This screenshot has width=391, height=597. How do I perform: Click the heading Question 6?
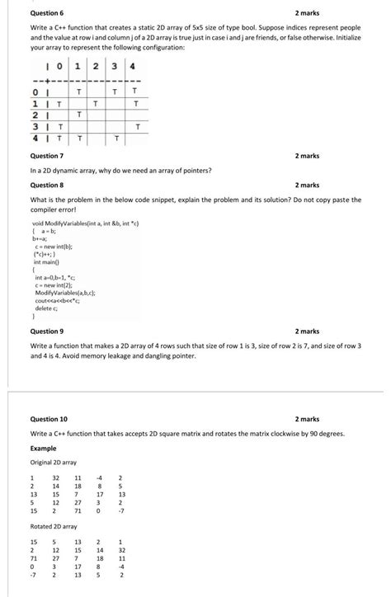[46, 13]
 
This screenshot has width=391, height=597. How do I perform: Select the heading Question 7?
[46, 156]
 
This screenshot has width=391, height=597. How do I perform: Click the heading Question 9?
[46, 331]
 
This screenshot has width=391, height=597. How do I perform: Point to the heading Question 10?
[49, 420]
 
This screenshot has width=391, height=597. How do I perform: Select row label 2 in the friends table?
[35, 115]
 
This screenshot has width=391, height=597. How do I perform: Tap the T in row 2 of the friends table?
[78, 115]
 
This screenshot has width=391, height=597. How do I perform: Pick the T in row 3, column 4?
[138, 126]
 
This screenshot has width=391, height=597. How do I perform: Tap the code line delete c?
[46, 308]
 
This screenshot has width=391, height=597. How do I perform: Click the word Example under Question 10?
[43, 448]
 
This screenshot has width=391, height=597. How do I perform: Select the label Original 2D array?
[53, 463]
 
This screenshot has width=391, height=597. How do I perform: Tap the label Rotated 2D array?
[53, 526]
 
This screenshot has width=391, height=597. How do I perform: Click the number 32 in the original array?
[56, 477]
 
